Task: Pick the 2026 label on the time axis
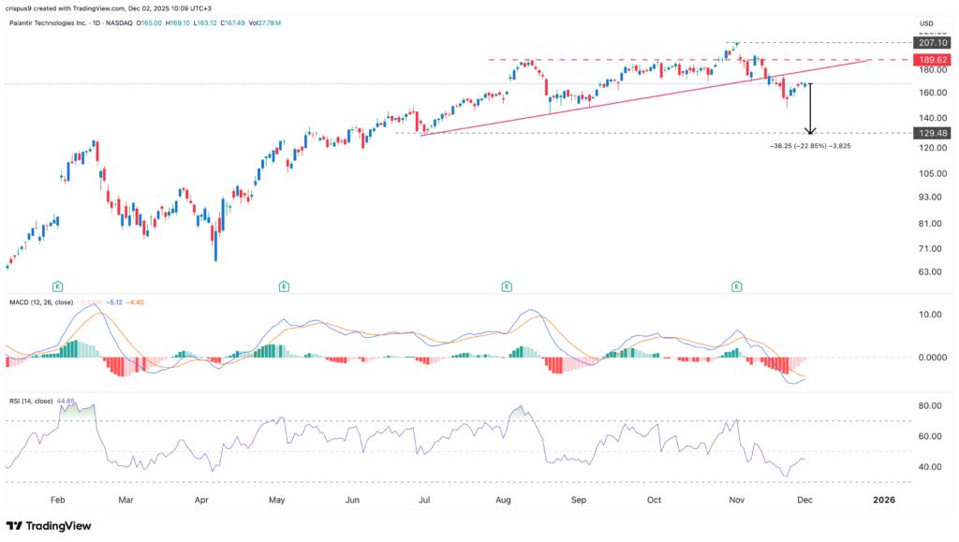point(883,501)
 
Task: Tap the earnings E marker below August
point(507,283)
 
